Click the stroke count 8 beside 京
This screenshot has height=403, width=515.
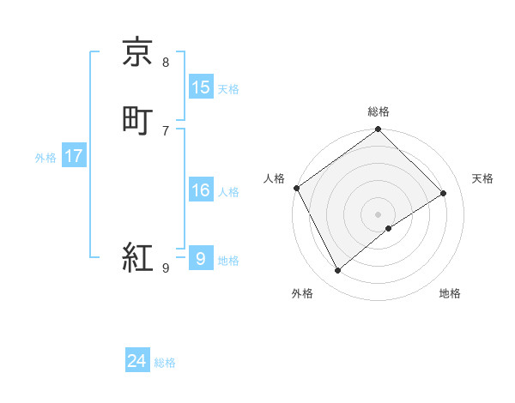tap(166, 62)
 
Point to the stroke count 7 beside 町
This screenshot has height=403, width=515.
tap(166, 129)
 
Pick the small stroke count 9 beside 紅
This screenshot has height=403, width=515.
tap(166, 268)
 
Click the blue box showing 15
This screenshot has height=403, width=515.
tap(201, 87)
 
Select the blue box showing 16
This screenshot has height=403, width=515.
tap(201, 190)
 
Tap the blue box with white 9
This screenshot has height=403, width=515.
tap(201, 258)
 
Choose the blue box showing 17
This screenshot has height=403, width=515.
tap(74, 156)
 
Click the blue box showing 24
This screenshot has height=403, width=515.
tap(137, 362)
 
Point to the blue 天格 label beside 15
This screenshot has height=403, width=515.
tap(228, 89)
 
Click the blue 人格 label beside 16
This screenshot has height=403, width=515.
tap(228, 192)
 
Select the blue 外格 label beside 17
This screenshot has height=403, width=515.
tap(45, 158)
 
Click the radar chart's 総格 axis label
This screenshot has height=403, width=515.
tap(379, 112)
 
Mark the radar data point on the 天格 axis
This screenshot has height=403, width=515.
tap(444, 193)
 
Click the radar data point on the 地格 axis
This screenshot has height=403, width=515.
tap(389, 228)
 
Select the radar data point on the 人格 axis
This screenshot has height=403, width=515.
tap(296, 188)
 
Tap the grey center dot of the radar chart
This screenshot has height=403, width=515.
tap(379, 214)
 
